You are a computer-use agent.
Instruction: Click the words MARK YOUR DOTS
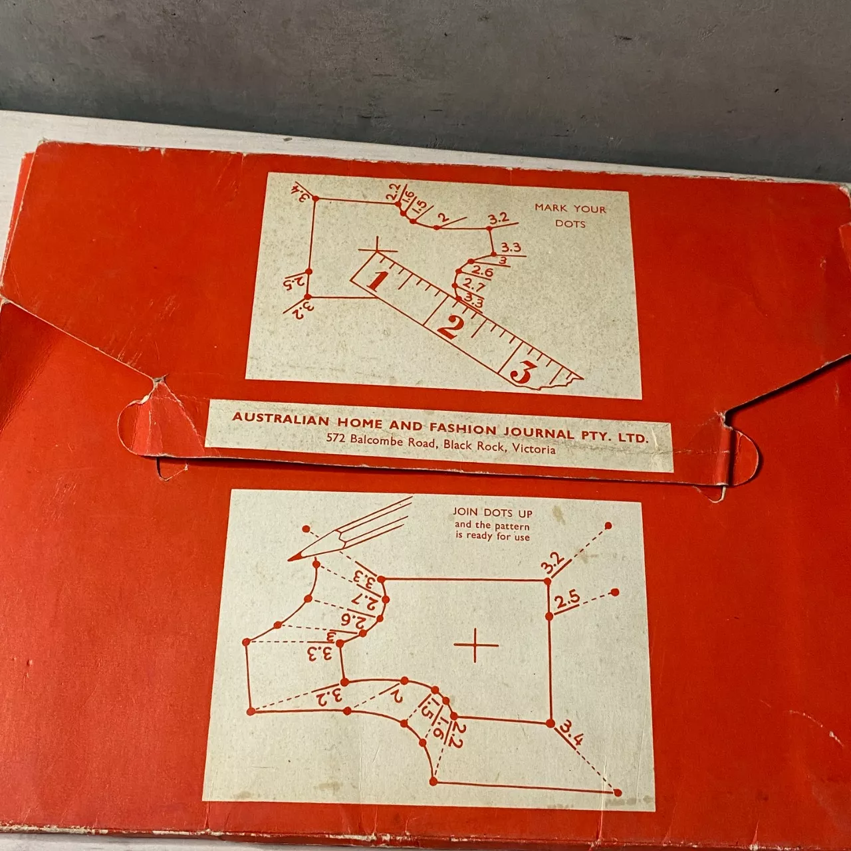coord(570,215)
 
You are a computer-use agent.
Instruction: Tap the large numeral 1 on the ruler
coord(376,279)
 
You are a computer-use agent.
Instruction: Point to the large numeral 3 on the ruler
coord(523,372)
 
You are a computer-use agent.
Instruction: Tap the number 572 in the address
coord(336,437)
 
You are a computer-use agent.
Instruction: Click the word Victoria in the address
coord(534,449)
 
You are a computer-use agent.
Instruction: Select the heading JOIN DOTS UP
coord(493,513)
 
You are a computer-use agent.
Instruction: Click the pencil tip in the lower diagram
coord(293,557)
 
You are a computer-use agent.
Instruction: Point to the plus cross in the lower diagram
coord(476,644)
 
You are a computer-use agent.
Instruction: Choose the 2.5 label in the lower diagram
coord(567,600)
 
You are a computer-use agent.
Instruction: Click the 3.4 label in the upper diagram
coord(303,193)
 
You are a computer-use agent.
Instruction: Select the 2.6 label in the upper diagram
coord(483,272)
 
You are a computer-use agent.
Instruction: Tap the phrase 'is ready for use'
coord(493,536)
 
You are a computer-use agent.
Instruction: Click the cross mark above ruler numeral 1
coord(377,251)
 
